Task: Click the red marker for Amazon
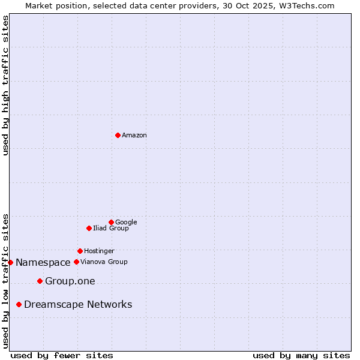118,135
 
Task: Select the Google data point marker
111,222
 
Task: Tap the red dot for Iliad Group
89,228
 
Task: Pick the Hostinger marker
80,251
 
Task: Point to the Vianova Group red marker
76,262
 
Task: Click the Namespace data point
10,262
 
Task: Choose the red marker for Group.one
40,281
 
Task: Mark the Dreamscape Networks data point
19,305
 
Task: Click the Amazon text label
134,136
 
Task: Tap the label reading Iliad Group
110,229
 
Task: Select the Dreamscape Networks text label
78,305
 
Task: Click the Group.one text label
70,281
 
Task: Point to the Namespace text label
43,263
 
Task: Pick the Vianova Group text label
104,262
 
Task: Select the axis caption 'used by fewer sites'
62,355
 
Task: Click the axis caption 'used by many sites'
301,355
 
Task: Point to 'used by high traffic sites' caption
5,85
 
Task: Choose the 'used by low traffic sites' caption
5,281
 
